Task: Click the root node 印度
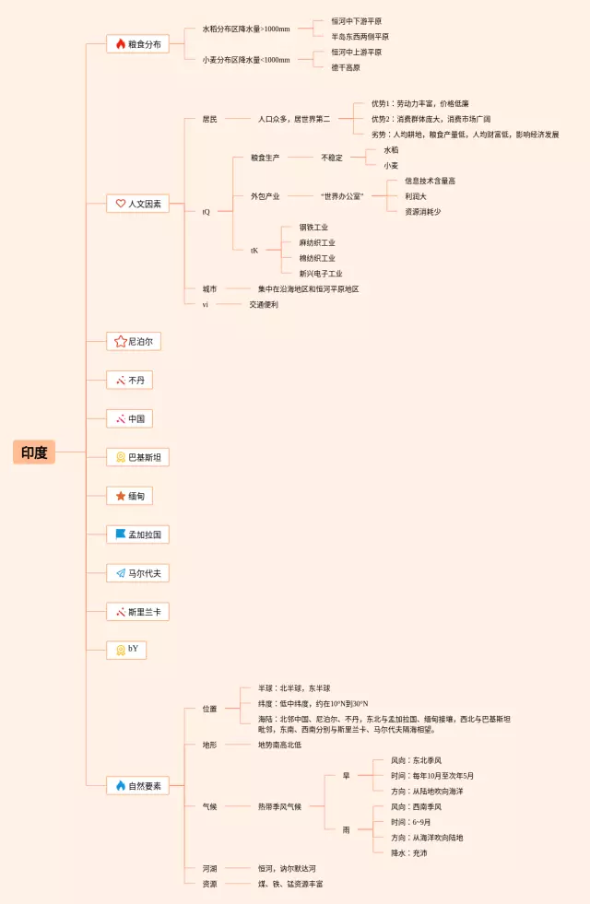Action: click(x=34, y=452)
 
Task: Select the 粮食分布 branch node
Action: click(x=138, y=44)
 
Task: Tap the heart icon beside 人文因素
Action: click(x=120, y=204)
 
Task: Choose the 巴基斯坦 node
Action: click(x=138, y=458)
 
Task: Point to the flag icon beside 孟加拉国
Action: click(x=120, y=534)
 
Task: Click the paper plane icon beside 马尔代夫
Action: click(x=120, y=573)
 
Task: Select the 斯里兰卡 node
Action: click(x=138, y=612)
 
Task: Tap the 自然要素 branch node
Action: click(x=138, y=786)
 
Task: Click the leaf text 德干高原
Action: click(x=346, y=67)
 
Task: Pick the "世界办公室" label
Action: click(x=342, y=196)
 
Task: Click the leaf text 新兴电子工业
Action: click(x=320, y=274)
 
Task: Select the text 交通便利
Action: click(x=263, y=304)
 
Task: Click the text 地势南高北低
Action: click(x=279, y=745)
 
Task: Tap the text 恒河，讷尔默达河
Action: click(x=287, y=868)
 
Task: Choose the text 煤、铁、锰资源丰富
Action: click(x=290, y=884)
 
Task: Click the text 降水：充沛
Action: click(x=408, y=853)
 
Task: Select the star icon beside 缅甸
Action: click(x=120, y=496)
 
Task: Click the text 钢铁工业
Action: click(x=313, y=227)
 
